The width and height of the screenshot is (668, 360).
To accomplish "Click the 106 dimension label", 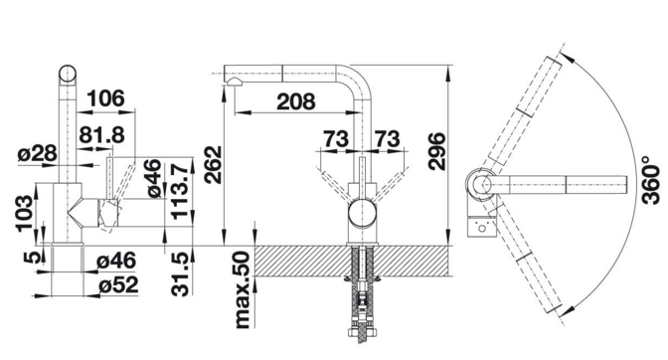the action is pos(106,98).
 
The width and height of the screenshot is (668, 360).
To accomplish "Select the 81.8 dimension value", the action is pos(101,135).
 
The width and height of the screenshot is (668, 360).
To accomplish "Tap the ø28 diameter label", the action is pos(37,153).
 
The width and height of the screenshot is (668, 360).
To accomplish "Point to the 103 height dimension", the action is pos(25,214).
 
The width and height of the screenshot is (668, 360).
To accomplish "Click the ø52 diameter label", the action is pos(118,285).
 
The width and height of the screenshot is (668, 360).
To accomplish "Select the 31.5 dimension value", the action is pos(180,273).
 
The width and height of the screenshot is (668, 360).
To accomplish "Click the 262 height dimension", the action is pos(213,164).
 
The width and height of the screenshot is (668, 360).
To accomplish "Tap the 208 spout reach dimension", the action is pos(296,101).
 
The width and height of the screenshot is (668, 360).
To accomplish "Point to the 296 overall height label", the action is pos(437,151).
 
